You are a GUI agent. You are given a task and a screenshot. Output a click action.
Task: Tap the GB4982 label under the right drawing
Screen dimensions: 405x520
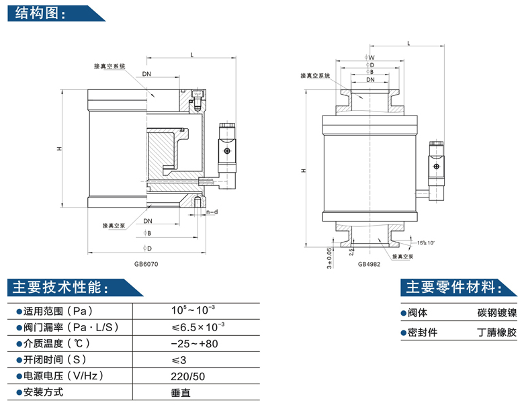point(369,264)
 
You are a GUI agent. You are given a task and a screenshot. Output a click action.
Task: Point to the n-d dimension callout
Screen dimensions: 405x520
point(212,212)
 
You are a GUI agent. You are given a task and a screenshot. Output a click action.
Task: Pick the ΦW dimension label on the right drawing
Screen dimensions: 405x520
point(370,58)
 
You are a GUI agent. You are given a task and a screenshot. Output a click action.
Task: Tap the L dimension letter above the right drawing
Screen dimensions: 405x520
point(409,43)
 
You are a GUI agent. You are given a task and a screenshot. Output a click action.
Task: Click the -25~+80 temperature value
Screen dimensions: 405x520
point(195,343)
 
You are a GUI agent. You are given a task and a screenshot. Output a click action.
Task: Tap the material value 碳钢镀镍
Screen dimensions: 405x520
point(496,313)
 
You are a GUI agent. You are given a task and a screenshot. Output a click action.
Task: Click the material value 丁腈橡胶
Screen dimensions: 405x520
point(496,332)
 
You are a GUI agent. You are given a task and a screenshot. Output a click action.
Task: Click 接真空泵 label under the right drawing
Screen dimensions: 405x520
point(401,256)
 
